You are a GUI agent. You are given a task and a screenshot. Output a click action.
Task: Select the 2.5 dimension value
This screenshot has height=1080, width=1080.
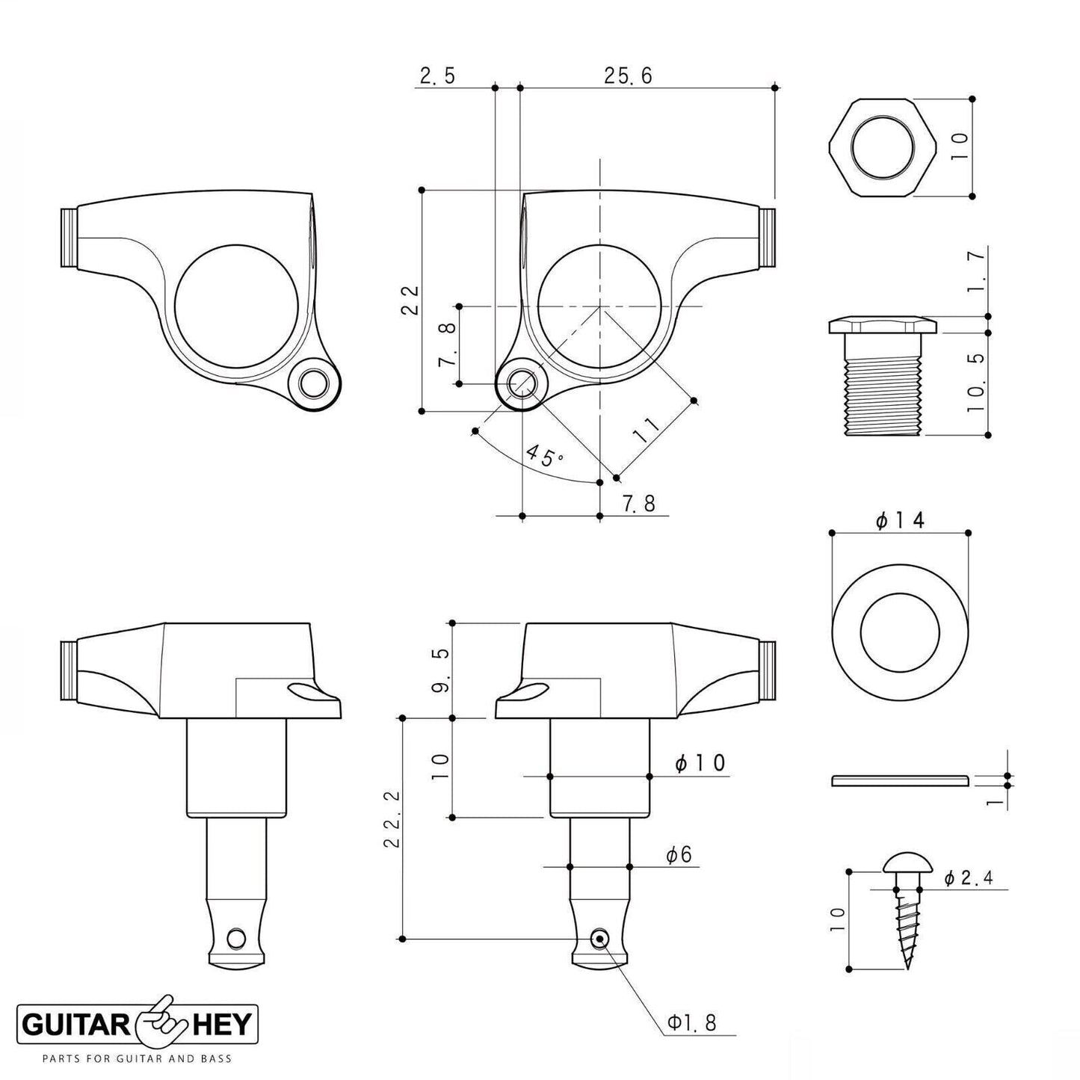click(437, 75)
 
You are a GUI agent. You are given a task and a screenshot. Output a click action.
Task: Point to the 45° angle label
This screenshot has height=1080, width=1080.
click(545, 455)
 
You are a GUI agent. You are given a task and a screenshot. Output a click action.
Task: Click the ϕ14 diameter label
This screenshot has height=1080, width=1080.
click(900, 519)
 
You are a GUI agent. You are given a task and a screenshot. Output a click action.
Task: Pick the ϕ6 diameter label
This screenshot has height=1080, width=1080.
click(679, 854)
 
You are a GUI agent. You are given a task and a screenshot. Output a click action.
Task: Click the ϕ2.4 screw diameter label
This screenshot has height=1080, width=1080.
click(968, 878)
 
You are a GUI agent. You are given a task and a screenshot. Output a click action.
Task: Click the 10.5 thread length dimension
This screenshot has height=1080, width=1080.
click(977, 383)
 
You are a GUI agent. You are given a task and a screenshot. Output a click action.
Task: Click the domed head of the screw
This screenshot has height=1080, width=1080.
click(907, 863)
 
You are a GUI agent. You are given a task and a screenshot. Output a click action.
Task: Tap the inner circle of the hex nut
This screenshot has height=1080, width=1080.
click(882, 147)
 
